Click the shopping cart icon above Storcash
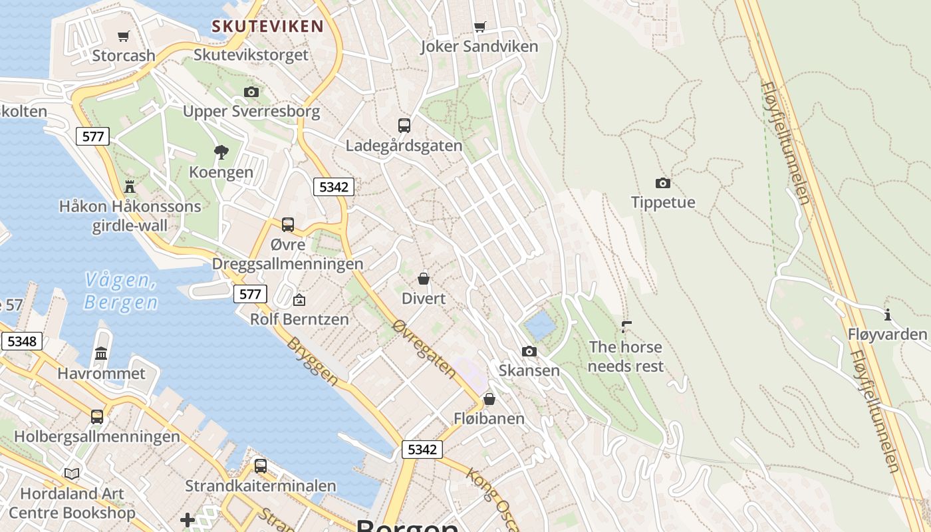[123, 36]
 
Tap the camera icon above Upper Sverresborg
[251, 92]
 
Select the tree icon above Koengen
[221, 153]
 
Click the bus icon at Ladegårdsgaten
[404, 125]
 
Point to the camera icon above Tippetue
[662, 183]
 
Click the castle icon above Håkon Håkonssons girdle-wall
[130, 187]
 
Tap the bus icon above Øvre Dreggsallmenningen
[287, 225]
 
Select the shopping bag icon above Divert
[424, 279]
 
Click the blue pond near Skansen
[539, 326]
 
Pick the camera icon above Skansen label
[529, 351]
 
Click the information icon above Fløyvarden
[887, 315]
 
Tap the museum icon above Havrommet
[101, 353]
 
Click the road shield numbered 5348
[22, 342]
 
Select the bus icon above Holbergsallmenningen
[97, 417]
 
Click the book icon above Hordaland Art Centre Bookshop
[72, 473]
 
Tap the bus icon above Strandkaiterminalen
[261, 465]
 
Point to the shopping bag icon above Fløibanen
[489, 399]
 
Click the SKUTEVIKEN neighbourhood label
[267, 27]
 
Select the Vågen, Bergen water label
[121, 291]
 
